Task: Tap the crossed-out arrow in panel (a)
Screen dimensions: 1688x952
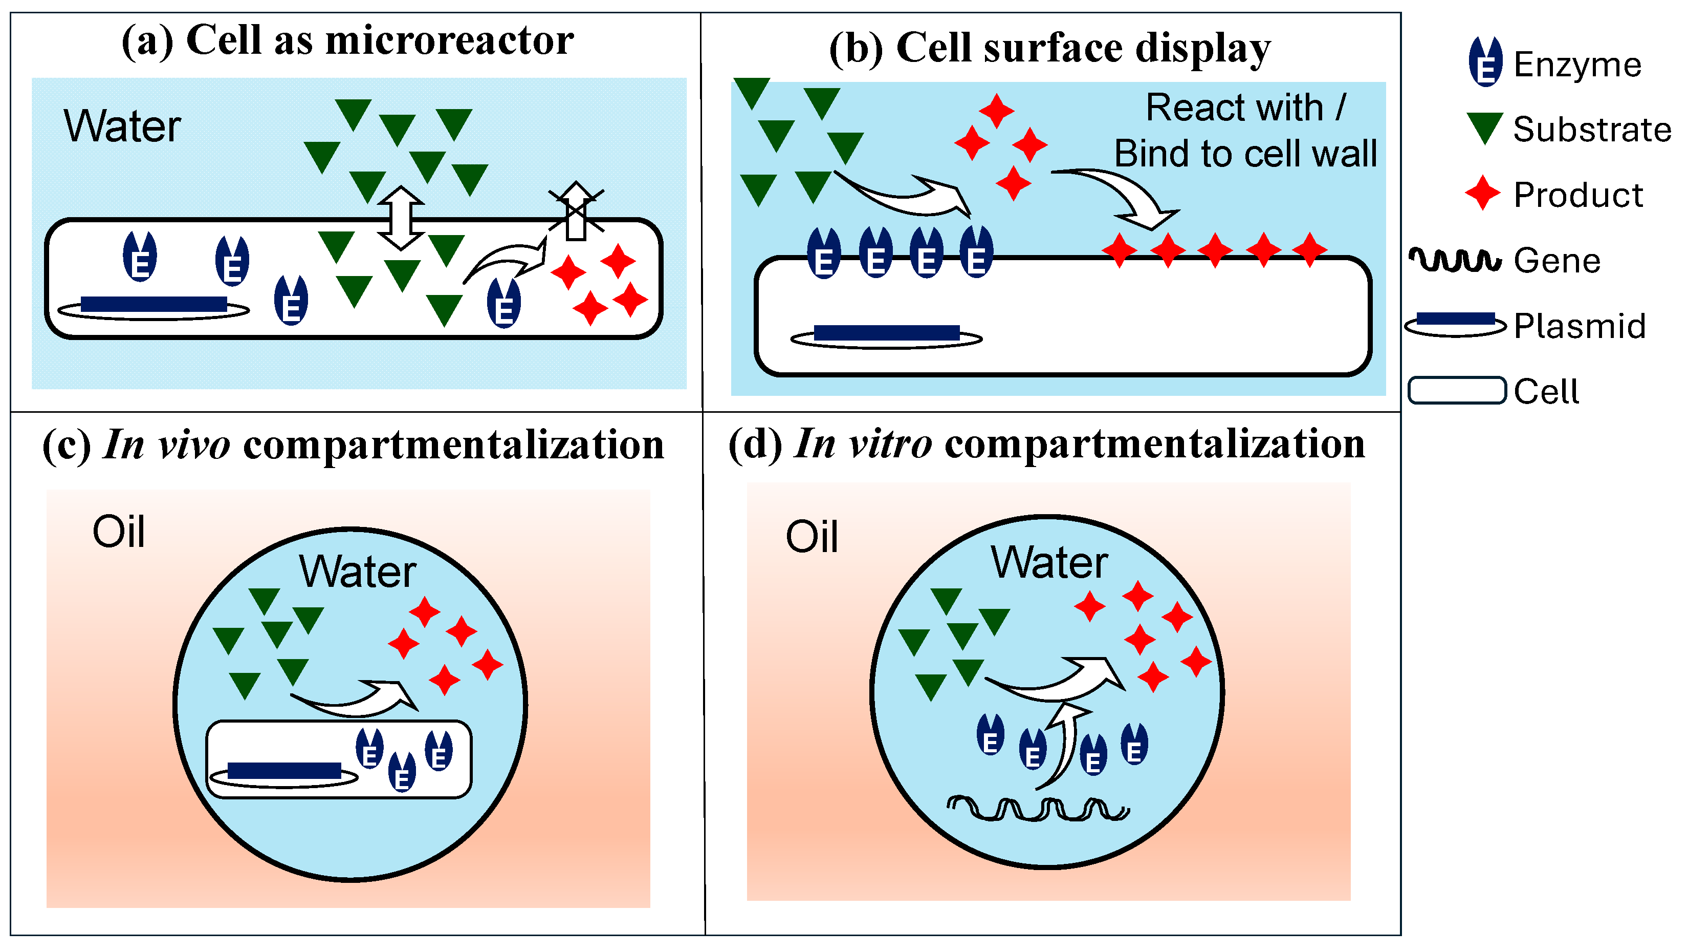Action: (x=576, y=210)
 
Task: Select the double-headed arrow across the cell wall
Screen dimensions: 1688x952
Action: (x=401, y=218)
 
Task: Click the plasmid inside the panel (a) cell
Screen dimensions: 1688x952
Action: (x=154, y=307)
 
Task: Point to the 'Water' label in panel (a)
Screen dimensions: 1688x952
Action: (x=122, y=126)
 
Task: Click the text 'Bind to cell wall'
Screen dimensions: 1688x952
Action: (x=1246, y=154)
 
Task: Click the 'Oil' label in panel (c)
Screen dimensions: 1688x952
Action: (x=119, y=531)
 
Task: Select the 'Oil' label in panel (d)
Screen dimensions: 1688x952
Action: (x=812, y=537)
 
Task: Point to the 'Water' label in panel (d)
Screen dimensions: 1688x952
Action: (x=1049, y=562)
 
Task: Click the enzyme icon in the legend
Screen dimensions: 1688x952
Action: (x=1485, y=61)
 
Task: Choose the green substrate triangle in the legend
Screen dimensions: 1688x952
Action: (x=1485, y=128)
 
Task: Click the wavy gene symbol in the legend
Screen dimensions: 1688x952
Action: (x=1455, y=260)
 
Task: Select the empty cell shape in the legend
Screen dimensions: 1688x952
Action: (x=1457, y=390)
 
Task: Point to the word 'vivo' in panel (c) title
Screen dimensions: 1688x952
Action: (x=194, y=445)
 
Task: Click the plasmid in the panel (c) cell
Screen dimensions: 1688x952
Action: (x=284, y=774)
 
